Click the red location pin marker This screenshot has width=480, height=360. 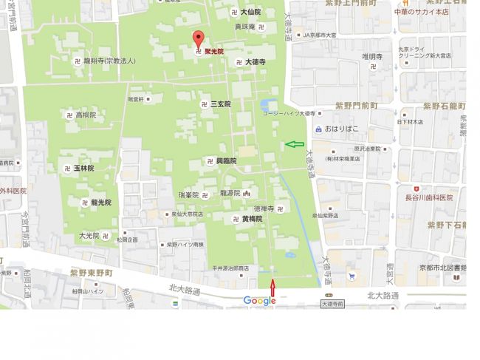click(198, 40)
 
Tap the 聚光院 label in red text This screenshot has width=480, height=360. click(214, 52)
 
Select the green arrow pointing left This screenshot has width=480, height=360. click(295, 144)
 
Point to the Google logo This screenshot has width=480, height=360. click(259, 300)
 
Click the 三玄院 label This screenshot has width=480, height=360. click(220, 105)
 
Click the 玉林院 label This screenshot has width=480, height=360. click(83, 169)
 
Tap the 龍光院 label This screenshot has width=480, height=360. click(101, 202)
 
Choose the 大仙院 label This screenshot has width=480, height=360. click(251, 13)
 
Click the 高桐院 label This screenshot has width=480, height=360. click(86, 115)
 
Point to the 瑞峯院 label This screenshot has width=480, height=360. click(189, 195)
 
